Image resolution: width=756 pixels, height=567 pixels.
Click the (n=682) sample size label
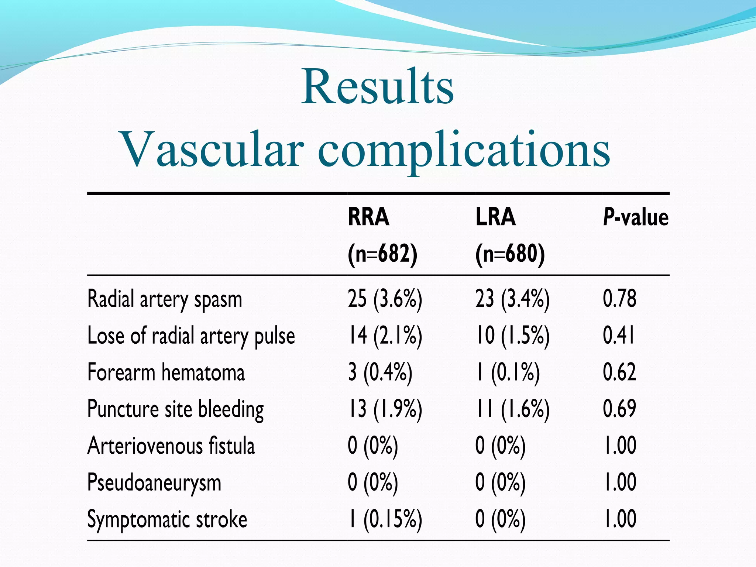[382, 254]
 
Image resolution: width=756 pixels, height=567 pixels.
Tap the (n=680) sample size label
[510, 254]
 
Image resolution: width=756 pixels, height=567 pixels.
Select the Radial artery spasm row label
[165, 299]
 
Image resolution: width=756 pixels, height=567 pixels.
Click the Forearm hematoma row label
[166, 372]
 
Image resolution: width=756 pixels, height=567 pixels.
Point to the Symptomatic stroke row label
[167, 519]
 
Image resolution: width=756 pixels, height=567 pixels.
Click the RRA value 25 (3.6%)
[385, 299]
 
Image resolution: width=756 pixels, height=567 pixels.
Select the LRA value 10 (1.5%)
[512, 336]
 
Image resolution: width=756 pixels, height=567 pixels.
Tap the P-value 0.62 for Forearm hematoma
[619, 372]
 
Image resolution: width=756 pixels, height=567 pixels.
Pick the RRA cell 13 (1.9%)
[385, 409]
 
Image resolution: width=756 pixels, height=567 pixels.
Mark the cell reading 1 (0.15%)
[385, 519]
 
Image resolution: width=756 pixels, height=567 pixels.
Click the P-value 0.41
[619, 336]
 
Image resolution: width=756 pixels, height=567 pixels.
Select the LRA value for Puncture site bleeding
[512, 409]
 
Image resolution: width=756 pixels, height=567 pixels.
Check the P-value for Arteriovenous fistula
[619, 446]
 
